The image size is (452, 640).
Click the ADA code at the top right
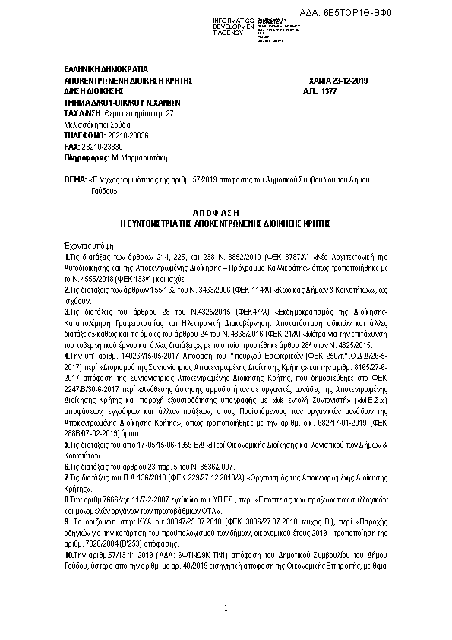[x=398, y=13]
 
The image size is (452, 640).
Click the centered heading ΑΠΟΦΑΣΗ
[x=226, y=215]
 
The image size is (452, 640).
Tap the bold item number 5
[x=67, y=443]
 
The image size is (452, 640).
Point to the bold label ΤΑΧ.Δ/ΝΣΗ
[x=84, y=112]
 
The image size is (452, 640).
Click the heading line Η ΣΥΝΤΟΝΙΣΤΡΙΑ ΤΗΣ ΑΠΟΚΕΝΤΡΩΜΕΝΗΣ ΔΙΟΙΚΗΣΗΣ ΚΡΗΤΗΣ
[x=226, y=226]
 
